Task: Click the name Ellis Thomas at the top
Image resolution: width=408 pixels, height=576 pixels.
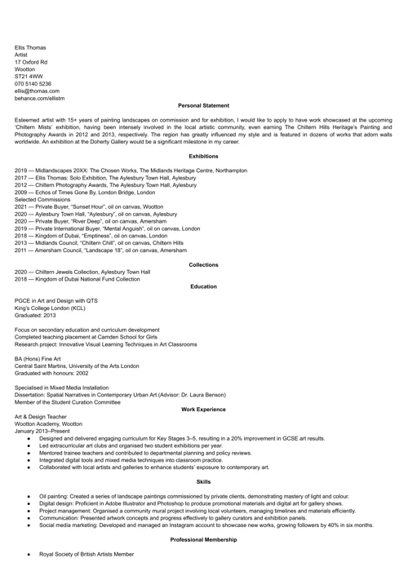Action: pyautogui.click(x=30, y=48)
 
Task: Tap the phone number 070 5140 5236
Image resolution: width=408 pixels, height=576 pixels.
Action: pyautogui.click(x=33, y=83)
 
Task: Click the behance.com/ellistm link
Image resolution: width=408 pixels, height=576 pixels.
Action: pyautogui.click(x=39, y=98)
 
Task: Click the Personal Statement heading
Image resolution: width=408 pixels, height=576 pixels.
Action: pyautogui.click(x=203, y=105)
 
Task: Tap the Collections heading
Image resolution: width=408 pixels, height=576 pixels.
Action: pyautogui.click(x=203, y=264)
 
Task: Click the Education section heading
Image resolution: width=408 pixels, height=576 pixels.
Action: pyautogui.click(x=203, y=286)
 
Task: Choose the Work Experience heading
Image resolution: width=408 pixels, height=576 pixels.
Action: pyautogui.click(x=203, y=409)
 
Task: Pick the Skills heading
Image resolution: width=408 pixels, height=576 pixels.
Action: pyautogui.click(x=203, y=482)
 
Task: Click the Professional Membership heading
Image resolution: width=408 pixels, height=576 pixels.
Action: pyautogui.click(x=203, y=540)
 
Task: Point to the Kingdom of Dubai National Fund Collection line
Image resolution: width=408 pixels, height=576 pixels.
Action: pyautogui.click(x=78, y=279)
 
